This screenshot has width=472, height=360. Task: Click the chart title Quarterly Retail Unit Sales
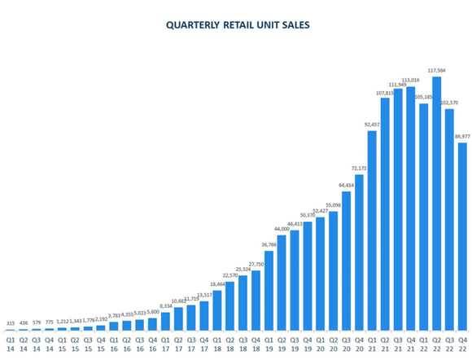[x=237, y=25]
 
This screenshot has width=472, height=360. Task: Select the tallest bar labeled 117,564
[x=436, y=204]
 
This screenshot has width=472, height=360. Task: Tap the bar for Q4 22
[x=462, y=236]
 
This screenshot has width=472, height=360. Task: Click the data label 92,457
[x=372, y=125]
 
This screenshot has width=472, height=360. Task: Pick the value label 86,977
[x=462, y=136]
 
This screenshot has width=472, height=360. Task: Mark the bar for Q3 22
[x=449, y=219]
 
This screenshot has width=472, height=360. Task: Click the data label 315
[x=10, y=323]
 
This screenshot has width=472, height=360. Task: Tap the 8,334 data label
[x=165, y=305]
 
